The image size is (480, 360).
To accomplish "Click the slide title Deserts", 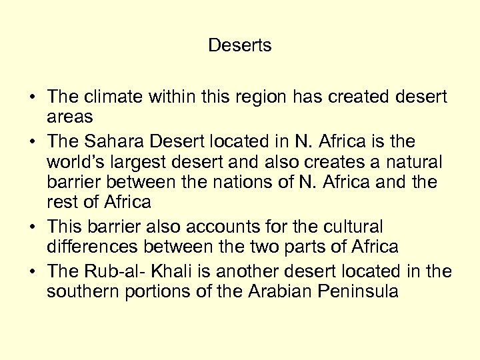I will pos(240,45).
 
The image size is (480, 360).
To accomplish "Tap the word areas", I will pos(69,117).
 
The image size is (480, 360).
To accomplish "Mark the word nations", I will pos(241,181).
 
